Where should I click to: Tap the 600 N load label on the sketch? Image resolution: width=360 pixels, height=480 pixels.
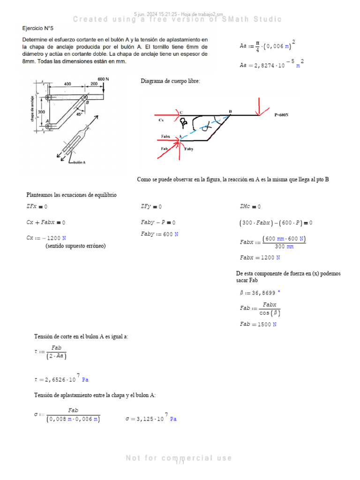click(103, 79)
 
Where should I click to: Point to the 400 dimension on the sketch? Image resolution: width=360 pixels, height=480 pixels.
click(67, 83)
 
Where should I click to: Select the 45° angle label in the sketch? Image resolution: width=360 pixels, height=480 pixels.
click(79, 114)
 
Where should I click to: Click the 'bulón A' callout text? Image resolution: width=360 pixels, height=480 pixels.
click(82, 163)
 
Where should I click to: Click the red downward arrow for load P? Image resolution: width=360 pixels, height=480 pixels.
click(258, 105)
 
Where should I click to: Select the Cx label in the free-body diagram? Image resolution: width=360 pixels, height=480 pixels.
click(161, 120)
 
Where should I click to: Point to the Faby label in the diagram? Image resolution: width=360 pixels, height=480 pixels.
click(189, 149)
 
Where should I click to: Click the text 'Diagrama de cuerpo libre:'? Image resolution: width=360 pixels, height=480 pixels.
click(170, 82)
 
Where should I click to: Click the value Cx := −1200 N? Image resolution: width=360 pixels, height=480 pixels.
click(46, 238)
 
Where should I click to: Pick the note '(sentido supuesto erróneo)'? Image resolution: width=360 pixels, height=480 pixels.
click(75, 246)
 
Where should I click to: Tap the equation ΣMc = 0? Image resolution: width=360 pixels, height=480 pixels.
click(250, 206)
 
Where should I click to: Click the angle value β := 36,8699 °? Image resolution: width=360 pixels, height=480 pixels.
click(260, 292)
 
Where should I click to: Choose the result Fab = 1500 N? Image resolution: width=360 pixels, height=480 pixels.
click(258, 324)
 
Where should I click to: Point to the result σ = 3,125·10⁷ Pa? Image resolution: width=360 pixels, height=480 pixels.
click(150, 419)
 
